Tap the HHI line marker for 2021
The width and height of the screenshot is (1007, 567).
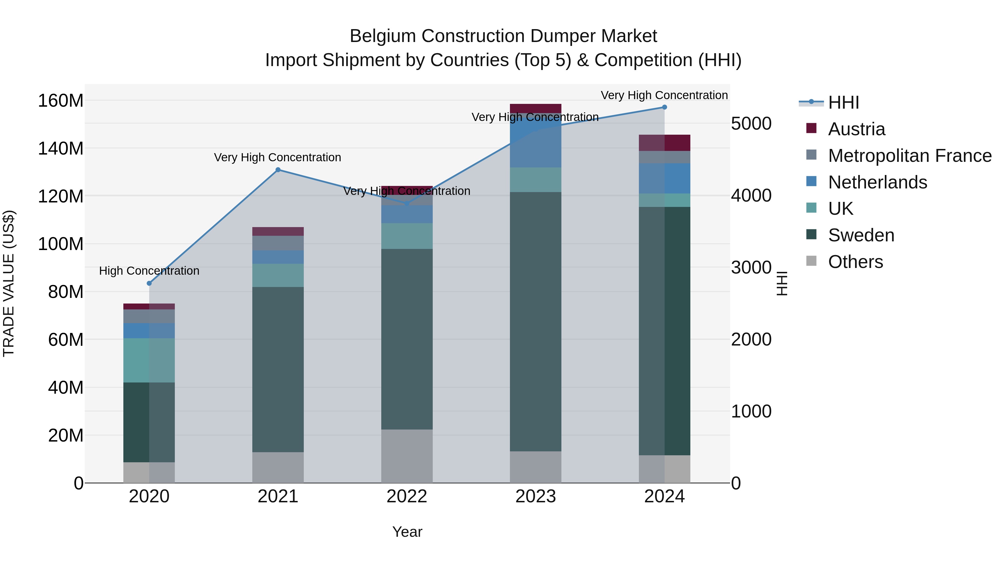[x=278, y=170]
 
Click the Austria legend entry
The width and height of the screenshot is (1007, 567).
[x=856, y=129]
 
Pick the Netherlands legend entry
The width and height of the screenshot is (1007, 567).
[x=877, y=182]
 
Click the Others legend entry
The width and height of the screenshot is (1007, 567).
[x=855, y=262]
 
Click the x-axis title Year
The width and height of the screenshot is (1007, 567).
[x=407, y=532]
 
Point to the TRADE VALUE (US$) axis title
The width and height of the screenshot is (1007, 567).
[x=9, y=283]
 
